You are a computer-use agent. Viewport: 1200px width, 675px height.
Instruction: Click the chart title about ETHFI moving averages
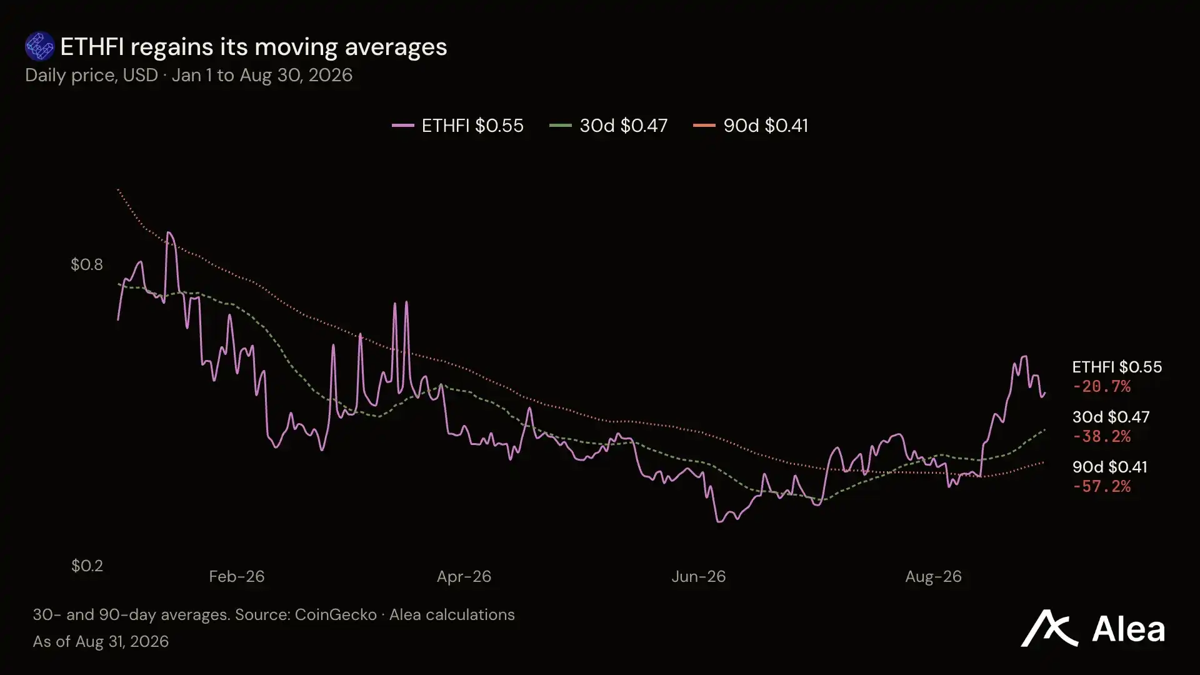tap(254, 47)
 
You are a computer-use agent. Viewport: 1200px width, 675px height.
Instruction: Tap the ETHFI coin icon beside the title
tap(39, 46)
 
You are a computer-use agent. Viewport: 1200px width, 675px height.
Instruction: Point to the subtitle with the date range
tap(189, 75)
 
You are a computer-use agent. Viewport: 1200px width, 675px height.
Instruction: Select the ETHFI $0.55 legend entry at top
tap(457, 126)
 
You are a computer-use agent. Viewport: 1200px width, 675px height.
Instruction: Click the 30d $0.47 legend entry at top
tap(608, 126)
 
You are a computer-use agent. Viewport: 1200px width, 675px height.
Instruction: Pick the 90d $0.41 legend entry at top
tap(751, 126)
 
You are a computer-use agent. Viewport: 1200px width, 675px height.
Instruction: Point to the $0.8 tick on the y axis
tap(87, 264)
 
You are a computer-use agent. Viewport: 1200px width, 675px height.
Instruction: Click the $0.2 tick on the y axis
tap(87, 566)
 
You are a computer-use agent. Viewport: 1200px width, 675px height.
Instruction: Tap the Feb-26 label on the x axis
tap(237, 576)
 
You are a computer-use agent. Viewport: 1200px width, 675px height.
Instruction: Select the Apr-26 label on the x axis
tap(464, 576)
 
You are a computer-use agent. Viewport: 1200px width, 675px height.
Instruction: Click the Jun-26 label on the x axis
tap(699, 576)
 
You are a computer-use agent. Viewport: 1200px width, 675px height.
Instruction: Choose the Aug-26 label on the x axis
tap(933, 576)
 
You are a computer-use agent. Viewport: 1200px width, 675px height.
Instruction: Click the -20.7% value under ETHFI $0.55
tap(1101, 386)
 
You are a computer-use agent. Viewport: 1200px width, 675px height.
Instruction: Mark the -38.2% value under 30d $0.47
tap(1101, 436)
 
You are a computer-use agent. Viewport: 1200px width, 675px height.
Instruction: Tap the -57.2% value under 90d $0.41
tap(1101, 486)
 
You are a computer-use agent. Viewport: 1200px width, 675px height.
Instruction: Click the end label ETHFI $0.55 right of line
tap(1117, 367)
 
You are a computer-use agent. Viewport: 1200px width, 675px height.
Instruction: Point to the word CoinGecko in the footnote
tap(336, 615)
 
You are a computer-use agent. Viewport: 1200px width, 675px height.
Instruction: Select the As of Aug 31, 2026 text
tap(101, 642)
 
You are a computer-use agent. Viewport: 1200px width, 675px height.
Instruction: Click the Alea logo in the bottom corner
tap(1092, 628)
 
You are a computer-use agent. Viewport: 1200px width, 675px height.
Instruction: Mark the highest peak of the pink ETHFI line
tap(169, 232)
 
